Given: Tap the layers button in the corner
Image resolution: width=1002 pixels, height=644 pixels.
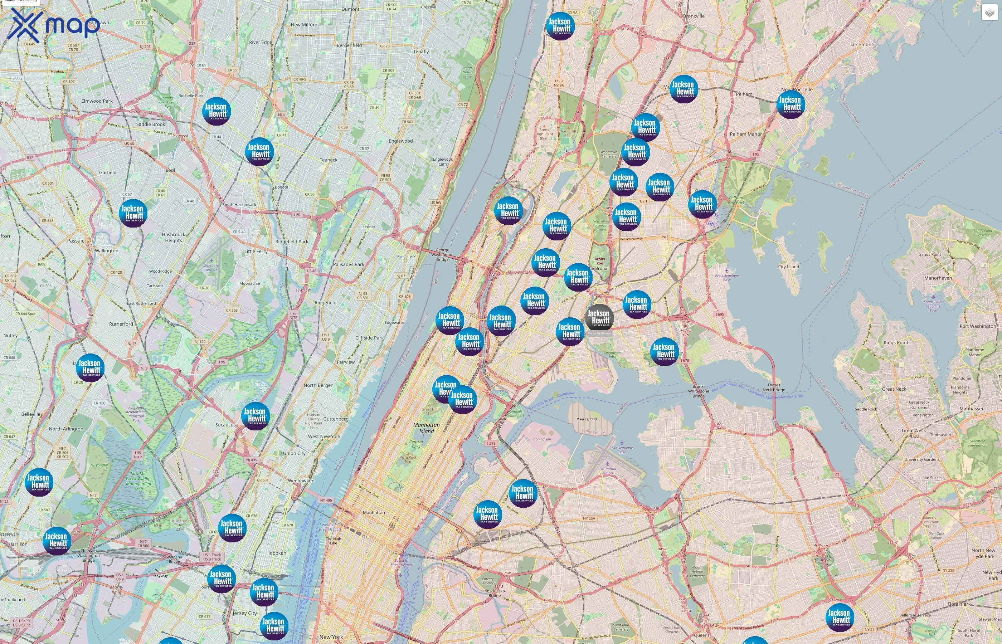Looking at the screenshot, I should [989, 13].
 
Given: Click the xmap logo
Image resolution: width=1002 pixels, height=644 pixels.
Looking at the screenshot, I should [54, 25].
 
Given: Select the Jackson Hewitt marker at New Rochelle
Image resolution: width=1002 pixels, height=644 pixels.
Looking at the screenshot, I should [791, 104].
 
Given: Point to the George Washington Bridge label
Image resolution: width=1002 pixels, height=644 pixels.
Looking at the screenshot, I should [442, 255].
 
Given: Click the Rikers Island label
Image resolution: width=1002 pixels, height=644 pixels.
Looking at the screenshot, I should [586, 419].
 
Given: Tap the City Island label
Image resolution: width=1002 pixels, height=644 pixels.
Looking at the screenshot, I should [788, 267].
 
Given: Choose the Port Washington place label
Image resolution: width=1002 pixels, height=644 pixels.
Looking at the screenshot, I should [978, 326].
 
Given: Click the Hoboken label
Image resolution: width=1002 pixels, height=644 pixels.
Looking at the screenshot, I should [276, 553].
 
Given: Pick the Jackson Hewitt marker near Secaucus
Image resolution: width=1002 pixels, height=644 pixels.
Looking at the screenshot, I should [255, 416].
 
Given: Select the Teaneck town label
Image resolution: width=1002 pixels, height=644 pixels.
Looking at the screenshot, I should [328, 160].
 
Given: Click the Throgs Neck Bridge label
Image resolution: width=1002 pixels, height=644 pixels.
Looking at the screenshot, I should [774, 387].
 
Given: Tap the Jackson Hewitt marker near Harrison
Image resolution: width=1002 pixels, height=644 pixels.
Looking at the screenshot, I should [57, 540].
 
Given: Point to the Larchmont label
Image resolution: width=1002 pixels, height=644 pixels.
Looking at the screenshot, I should [861, 44].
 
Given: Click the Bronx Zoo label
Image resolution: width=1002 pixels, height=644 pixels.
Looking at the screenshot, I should [600, 261].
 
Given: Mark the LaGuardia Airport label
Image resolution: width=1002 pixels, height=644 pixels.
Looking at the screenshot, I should [608, 471].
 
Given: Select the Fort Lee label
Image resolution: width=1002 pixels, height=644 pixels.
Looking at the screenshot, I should [406, 256].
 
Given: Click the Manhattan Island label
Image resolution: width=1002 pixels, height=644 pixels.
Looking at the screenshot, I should [426, 428].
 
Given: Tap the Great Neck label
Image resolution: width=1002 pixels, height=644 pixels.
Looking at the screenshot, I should [894, 389].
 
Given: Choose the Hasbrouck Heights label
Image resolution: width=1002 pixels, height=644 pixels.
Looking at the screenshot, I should [173, 238].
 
